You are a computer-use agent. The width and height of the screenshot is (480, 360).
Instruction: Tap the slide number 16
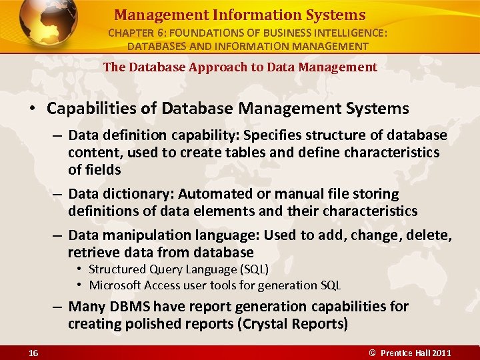coord(34,353)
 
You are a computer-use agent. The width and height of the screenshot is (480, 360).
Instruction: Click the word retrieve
coord(93,252)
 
